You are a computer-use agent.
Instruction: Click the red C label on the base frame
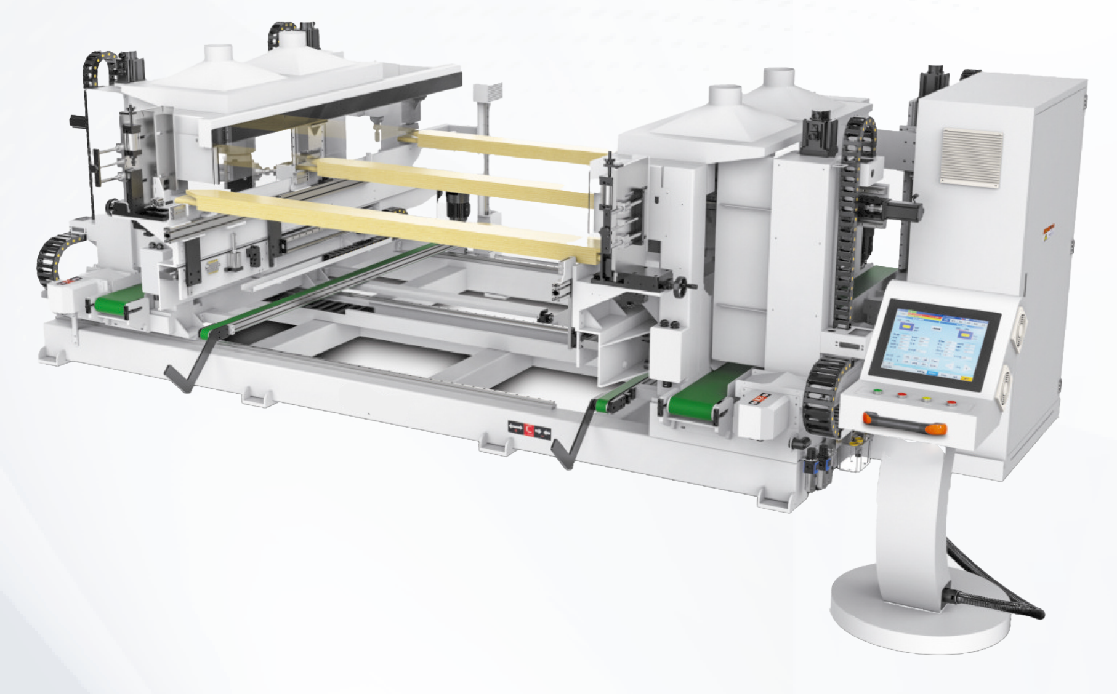529,427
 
